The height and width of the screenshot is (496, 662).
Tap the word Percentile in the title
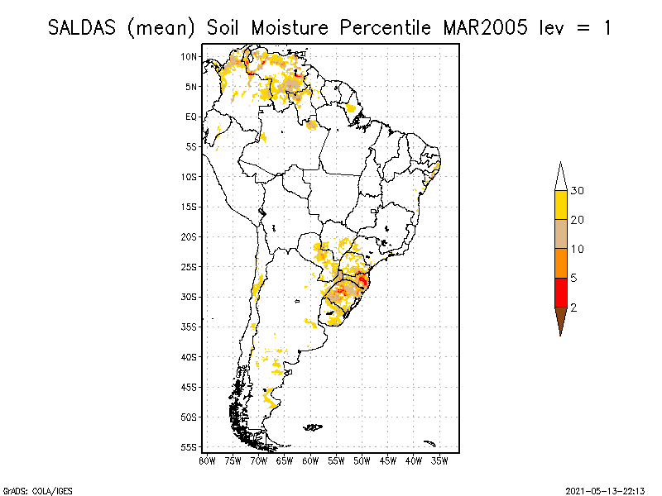(x=386, y=27)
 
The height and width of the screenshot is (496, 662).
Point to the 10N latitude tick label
(x=189, y=56)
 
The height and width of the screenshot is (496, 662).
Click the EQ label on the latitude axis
(x=191, y=117)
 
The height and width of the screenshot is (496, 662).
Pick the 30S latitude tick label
(x=189, y=297)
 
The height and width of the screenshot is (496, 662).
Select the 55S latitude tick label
(x=189, y=447)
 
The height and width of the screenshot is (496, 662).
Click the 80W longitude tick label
(x=207, y=460)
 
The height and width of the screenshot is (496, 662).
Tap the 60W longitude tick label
(x=310, y=460)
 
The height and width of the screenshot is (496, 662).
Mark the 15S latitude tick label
(x=189, y=207)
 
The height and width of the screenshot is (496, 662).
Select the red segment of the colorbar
(x=560, y=292)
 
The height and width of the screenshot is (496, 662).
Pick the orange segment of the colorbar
(x=560, y=263)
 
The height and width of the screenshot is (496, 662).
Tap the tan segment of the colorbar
(x=560, y=234)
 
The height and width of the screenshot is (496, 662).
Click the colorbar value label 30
(x=578, y=191)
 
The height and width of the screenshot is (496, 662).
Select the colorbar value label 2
(x=574, y=307)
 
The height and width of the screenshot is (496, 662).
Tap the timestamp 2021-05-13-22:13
(x=605, y=489)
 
